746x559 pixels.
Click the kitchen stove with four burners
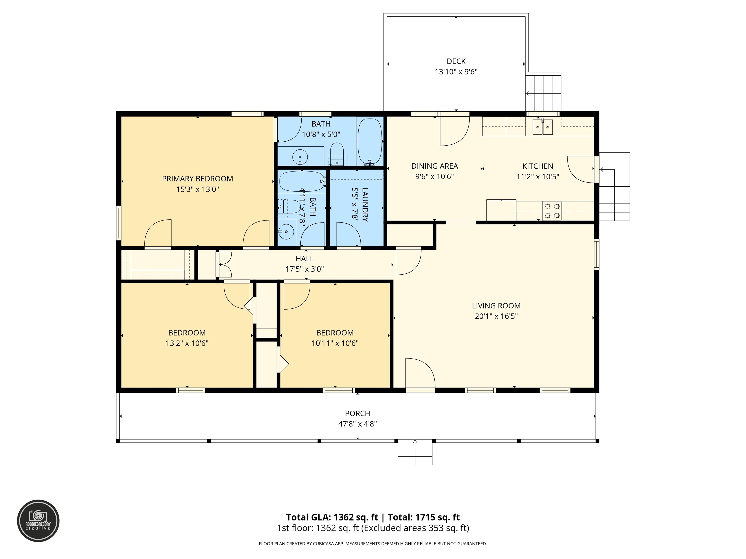(x=552, y=211)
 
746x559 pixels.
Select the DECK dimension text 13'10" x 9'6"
(x=456, y=72)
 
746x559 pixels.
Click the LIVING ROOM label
(x=496, y=306)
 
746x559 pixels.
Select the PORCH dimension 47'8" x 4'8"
(x=357, y=424)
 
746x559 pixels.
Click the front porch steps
(x=415, y=452)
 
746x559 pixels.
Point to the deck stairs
(x=543, y=93)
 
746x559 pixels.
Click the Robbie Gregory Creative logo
(x=38, y=521)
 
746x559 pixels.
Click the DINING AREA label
(x=434, y=166)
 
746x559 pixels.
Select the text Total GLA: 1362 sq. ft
(x=332, y=517)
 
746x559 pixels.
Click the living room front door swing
(x=420, y=373)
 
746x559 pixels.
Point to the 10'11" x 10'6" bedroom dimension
(x=335, y=343)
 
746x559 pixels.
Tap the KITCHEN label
(x=538, y=166)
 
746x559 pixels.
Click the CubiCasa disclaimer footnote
(x=373, y=543)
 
